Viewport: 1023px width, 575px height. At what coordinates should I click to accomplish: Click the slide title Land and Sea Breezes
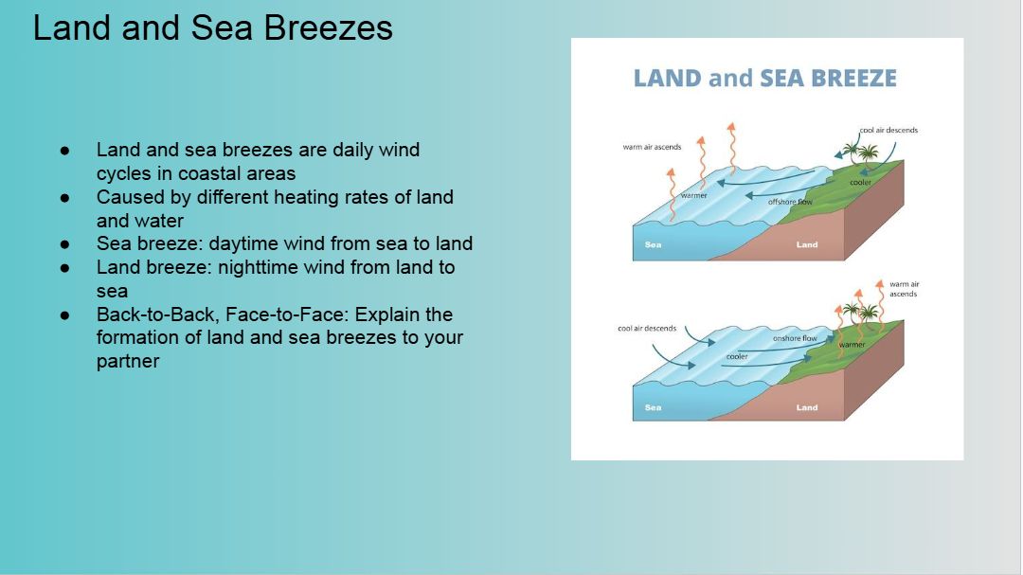[x=213, y=28]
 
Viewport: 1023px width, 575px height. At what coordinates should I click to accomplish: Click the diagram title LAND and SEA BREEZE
[x=764, y=79]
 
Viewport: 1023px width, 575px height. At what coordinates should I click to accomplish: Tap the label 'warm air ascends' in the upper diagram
[x=652, y=147]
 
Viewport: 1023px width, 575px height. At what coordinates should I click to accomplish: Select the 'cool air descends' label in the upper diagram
[x=888, y=130]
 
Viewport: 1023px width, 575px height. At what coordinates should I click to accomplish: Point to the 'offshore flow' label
[x=790, y=202]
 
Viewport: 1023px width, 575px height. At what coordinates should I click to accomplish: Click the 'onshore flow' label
[x=795, y=338]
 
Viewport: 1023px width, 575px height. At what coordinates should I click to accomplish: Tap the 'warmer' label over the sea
[x=693, y=195]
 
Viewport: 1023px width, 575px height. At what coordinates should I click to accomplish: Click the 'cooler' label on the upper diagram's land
[x=860, y=182]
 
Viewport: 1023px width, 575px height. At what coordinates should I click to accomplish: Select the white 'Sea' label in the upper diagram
[x=653, y=244]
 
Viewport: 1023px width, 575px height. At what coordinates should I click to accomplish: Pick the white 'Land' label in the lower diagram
[x=807, y=407]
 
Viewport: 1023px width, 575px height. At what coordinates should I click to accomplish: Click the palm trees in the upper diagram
[x=860, y=153]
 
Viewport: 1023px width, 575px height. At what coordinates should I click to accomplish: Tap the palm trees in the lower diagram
[x=860, y=313]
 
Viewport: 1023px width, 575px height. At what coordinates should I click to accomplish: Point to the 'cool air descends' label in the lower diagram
[x=647, y=329]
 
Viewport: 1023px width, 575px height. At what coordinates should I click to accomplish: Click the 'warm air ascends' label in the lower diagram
[x=905, y=289]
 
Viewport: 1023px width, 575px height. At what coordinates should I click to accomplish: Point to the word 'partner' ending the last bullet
[x=128, y=362]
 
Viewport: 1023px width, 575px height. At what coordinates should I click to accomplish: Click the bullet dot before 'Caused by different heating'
[x=64, y=197]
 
